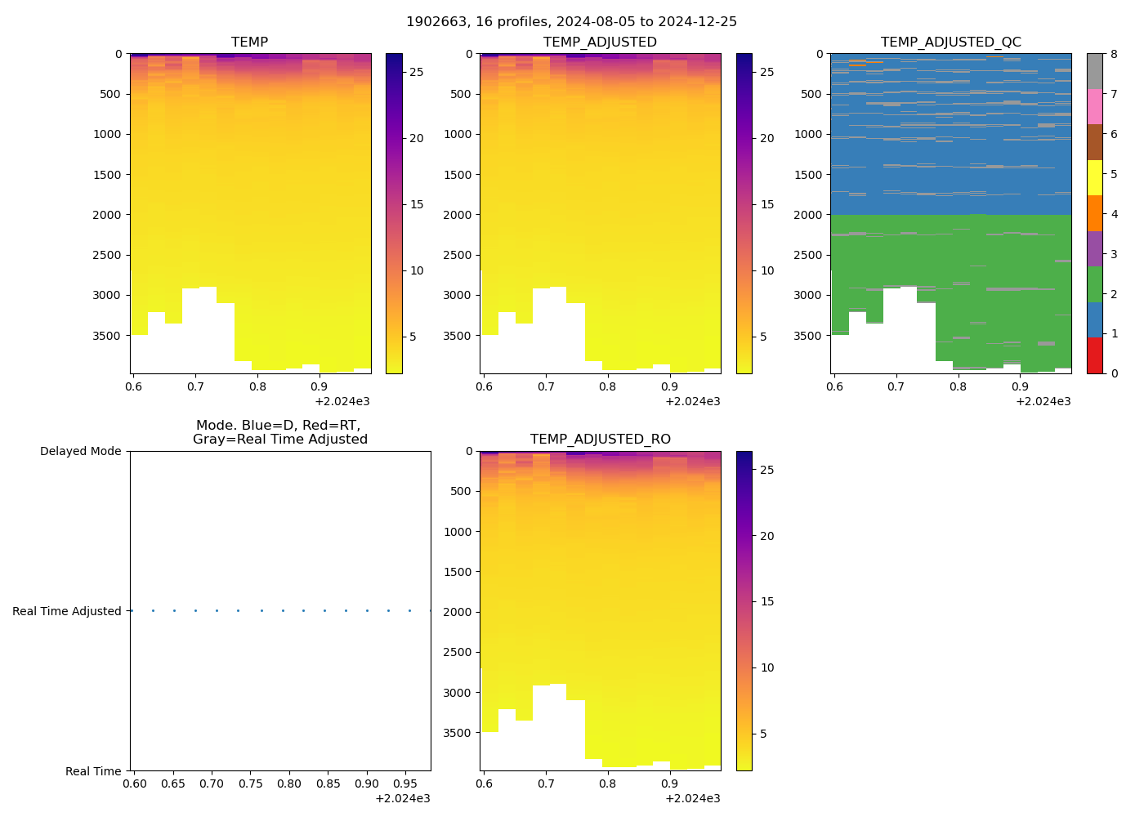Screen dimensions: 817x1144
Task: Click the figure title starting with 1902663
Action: [x=571, y=21]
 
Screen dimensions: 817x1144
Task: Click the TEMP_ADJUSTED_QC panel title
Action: [x=950, y=42]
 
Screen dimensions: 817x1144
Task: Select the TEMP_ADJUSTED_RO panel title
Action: [x=600, y=439]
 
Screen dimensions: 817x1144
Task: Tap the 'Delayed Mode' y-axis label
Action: [x=80, y=451]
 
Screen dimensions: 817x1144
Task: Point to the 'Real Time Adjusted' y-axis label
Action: [x=66, y=611]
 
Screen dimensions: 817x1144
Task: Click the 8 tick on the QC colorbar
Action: [x=1114, y=54]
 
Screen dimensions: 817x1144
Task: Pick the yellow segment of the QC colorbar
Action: [x=1094, y=177]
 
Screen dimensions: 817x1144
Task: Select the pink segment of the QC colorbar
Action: [x=1094, y=106]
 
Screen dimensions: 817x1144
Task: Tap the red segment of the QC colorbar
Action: [x=1094, y=355]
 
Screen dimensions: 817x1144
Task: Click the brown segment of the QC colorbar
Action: [x=1094, y=142]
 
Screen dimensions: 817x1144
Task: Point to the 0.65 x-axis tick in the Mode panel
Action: [x=173, y=784]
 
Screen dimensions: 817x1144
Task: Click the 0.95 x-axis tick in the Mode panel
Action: [x=406, y=784]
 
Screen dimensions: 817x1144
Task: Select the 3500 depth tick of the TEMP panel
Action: [x=108, y=336]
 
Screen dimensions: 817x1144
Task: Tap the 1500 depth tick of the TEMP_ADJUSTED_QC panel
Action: [x=808, y=175]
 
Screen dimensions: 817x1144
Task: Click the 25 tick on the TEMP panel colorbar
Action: [x=416, y=72]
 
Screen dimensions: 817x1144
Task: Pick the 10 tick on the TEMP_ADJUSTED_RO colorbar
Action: [x=766, y=667]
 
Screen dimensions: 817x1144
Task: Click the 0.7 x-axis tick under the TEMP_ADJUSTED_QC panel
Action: [x=896, y=386]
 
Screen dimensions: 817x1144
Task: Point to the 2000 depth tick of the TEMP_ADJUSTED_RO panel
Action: [x=458, y=612]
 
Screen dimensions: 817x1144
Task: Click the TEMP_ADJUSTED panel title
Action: [x=600, y=42]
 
